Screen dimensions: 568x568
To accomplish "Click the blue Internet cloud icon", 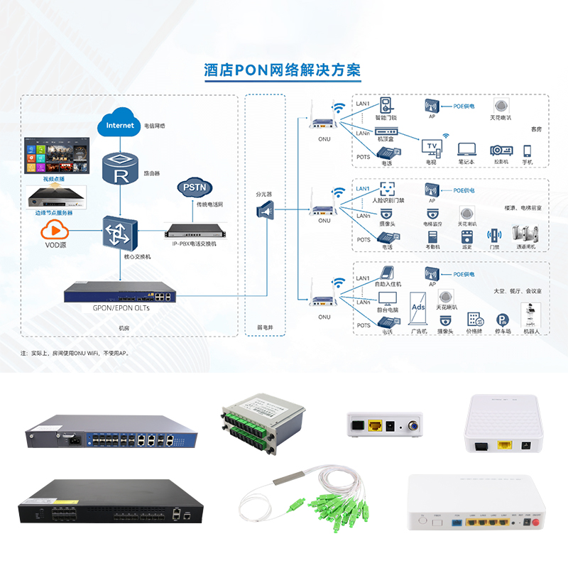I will pyautogui.click(x=120, y=125).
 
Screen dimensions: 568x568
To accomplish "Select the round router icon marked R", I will pyautogui.click(x=120, y=168).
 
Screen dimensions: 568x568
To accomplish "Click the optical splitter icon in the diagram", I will pyautogui.click(x=266, y=211).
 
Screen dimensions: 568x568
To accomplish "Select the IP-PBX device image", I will pyautogui.click(x=194, y=231).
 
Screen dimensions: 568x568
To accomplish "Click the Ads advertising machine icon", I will pyautogui.click(x=419, y=310).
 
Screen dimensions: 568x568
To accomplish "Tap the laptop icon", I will pyautogui.click(x=466, y=149).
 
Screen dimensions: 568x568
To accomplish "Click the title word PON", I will pyautogui.click(x=250, y=70).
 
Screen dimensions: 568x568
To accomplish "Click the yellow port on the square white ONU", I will pyautogui.click(x=505, y=445).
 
